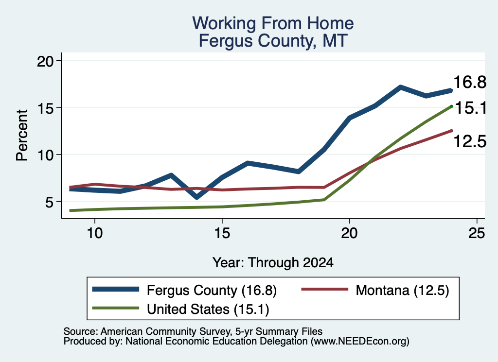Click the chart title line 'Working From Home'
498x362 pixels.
click(x=273, y=23)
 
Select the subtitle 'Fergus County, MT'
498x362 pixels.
click(x=273, y=41)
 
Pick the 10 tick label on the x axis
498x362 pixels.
click(x=95, y=233)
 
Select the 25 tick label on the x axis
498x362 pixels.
click(x=477, y=233)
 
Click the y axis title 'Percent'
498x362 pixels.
click(x=22, y=136)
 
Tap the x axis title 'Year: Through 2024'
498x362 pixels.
click(x=273, y=263)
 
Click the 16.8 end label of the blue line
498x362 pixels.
click(x=469, y=82)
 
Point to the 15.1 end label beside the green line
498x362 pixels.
click(x=471, y=108)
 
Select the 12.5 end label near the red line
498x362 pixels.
click(x=469, y=141)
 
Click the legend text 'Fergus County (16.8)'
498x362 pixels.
click(x=212, y=290)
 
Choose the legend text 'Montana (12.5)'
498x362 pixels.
click(x=402, y=290)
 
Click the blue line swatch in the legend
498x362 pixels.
click(x=116, y=289)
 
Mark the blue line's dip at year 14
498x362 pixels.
click(x=197, y=197)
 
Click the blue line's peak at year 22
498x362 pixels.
click(x=401, y=87)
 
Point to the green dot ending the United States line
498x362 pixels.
click(x=451, y=106)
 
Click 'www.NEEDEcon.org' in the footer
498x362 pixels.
click(x=359, y=342)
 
